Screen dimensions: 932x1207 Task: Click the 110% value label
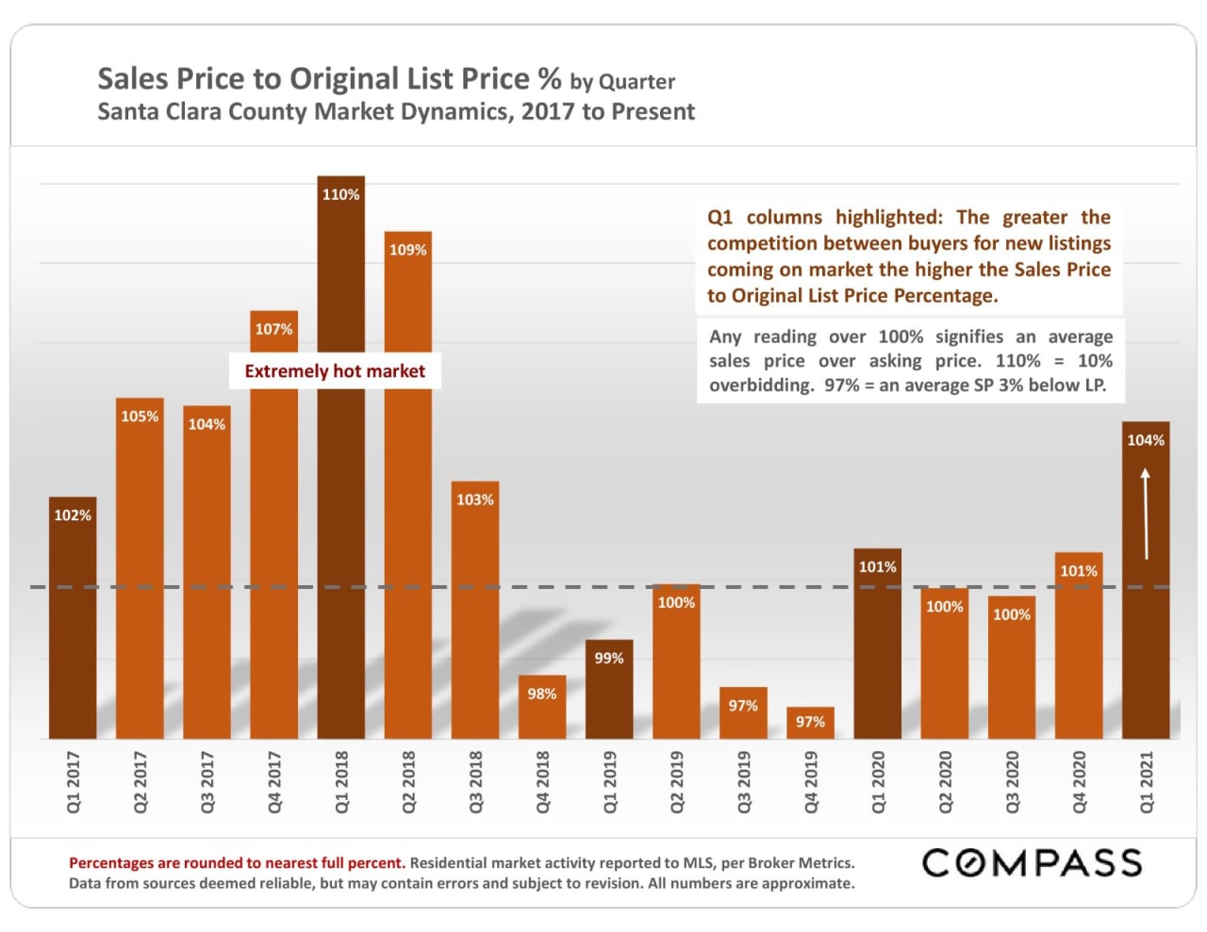click(x=340, y=195)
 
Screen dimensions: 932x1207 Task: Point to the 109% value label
click(x=407, y=250)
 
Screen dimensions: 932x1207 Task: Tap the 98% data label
click(x=541, y=694)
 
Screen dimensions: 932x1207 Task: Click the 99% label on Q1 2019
click(x=608, y=659)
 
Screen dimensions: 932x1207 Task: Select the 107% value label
click(x=273, y=329)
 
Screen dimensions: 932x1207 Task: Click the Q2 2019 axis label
click(x=676, y=782)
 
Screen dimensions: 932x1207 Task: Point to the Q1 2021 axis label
click(x=1146, y=782)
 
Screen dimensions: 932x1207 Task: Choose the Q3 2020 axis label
click(x=1012, y=782)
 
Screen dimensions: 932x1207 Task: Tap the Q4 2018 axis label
click(x=542, y=782)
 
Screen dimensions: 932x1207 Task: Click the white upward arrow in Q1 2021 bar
click(x=1146, y=514)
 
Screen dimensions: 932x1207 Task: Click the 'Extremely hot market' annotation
click(x=335, y=371)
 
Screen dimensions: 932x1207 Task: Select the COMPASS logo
click(x=1032, y=862)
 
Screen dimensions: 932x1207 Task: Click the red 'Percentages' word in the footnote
click(x=110, y=863)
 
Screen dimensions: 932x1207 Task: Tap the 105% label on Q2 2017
click(x=140, y=417)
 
